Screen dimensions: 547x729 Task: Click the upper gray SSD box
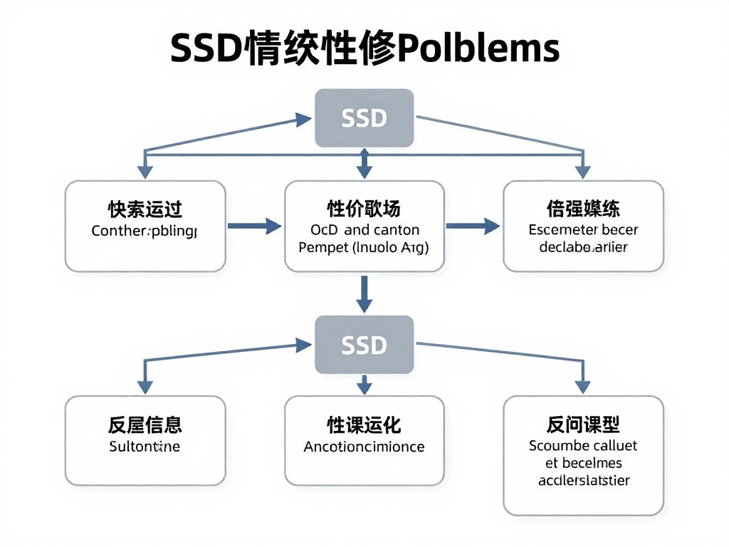click(364, 118)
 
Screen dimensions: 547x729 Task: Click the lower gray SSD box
click(364, 345)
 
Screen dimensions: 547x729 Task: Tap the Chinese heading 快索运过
click(145, 209)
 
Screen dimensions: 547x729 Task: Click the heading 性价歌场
click(364, 209)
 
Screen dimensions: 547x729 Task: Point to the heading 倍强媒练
click(583, 209)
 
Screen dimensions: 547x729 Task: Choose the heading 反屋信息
click(145, 426)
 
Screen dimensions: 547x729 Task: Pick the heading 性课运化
click(364, 426)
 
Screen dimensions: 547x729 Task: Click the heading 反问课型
click(583, 426)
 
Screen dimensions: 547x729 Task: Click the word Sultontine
click(145, 447)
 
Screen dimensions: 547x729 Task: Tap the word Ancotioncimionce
click(364, 447)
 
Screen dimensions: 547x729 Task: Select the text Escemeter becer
click(583, 230)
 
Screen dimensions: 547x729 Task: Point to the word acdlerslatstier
click(583, 480)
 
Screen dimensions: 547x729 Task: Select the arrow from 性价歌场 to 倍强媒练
click(473, 226)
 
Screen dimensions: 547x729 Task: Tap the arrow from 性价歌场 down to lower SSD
click(364, 293)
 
